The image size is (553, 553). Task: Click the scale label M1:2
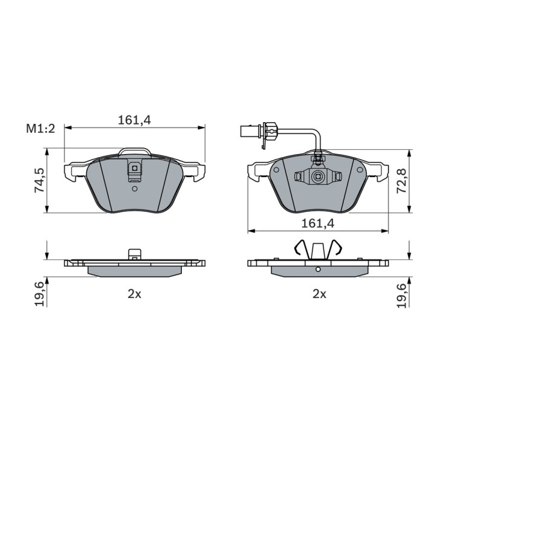(41, 129)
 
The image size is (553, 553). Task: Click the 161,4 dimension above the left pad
(134, 120)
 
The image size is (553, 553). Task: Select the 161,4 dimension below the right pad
(318, 223)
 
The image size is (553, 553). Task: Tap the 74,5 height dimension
(39, 180)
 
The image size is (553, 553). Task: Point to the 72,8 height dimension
(402, 180)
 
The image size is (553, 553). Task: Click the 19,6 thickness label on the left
(39, 294)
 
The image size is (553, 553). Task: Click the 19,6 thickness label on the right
(402, 295)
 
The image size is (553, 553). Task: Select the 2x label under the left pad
(134, 294)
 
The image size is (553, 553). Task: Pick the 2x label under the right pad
(320, 294)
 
